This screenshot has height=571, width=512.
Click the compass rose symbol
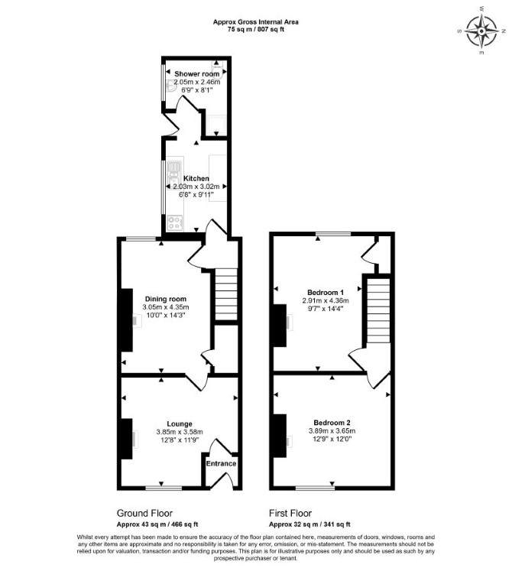point(481,31)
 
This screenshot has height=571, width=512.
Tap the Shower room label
point(197,74)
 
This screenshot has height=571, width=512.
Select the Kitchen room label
point(196,178)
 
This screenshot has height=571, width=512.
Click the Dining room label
point(166,300)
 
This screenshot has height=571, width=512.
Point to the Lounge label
point(180,424)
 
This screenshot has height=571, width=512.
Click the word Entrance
point(221,463)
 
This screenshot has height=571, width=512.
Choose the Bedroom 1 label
point(326,293)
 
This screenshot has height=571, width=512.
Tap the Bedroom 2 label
point(332,423)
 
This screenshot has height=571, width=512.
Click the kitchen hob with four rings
point(175,223)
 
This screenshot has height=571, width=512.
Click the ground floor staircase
point(225,294)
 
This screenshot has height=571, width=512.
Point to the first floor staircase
point(378,310)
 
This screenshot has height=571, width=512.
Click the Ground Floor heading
point(144,513)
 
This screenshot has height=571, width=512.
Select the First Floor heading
point(290,513)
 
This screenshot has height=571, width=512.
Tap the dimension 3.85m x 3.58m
point(180,432)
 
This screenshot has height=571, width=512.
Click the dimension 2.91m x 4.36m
point(326,300)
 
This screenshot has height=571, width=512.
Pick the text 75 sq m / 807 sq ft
point(256,30)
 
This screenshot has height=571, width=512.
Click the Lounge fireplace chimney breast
point(126,439)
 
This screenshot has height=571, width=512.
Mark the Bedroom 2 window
point(315,488)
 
